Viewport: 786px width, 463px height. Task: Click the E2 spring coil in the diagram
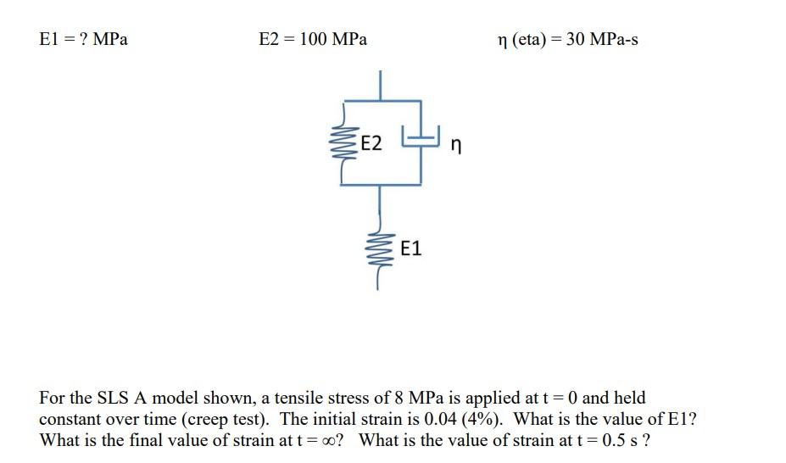click(343, 143)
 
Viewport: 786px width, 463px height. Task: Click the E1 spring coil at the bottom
click(380, 249)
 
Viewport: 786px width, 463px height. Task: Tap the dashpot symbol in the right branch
click(421, 137)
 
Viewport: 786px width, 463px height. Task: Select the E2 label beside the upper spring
click(371, 143)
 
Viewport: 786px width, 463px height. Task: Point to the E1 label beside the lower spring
click(411, 248)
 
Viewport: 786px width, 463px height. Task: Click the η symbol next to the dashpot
click(455, 145)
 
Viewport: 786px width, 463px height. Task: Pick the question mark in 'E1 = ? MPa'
click(84, 39)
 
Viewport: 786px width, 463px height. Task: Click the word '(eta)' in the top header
click(529, 40)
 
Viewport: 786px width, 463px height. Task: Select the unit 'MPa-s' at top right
click(614, 39)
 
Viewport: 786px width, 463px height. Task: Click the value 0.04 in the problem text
click(441, 419)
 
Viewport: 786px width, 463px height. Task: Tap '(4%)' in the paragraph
click(482, 420)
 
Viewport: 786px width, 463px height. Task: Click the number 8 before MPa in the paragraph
click(399, 398)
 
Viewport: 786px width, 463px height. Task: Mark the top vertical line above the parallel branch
click(381, 86)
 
